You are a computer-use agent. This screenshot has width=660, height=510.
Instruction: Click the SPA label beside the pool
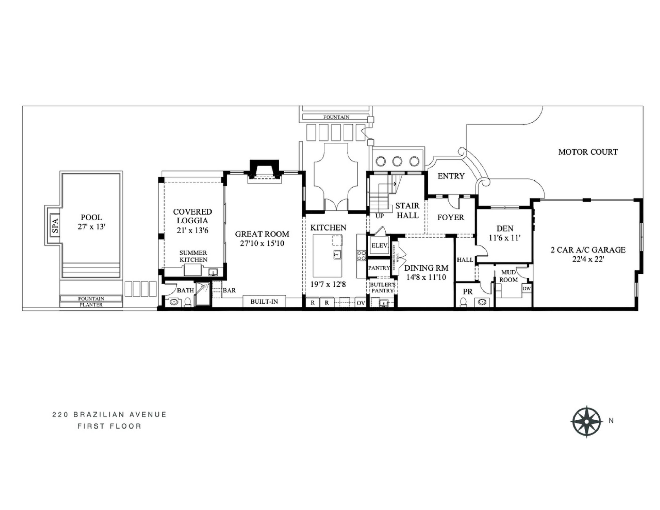(55, 225)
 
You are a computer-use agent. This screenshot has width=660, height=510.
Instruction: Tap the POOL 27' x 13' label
(91, 222)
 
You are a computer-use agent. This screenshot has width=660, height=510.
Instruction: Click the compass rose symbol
(586, 421)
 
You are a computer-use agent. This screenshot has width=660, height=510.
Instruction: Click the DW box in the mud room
(526, 289)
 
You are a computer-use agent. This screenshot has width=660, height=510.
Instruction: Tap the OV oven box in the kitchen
(361, 303)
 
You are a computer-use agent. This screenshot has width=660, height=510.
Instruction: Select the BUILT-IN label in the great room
(264, 302)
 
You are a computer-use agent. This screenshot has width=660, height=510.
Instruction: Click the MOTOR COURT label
(588, 152)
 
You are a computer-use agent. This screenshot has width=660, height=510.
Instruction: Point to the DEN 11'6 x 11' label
(504, 233)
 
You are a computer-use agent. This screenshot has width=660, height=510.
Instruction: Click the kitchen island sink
(337, 255)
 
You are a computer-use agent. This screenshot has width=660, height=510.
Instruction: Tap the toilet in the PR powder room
(463, 302)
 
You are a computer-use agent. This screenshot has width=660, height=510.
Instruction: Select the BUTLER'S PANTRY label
(383, 287)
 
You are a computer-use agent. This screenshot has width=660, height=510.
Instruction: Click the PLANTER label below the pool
(91, 305)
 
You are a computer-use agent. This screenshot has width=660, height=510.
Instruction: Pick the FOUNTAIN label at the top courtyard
(336, 117)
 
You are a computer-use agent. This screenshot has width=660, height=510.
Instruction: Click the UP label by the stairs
(379, 216)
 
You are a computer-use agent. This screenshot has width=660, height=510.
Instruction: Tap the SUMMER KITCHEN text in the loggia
(193, 256)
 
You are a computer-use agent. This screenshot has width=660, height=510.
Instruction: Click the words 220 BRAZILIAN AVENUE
(109, 415)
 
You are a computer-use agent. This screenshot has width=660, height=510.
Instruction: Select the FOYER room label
(451, 217)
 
